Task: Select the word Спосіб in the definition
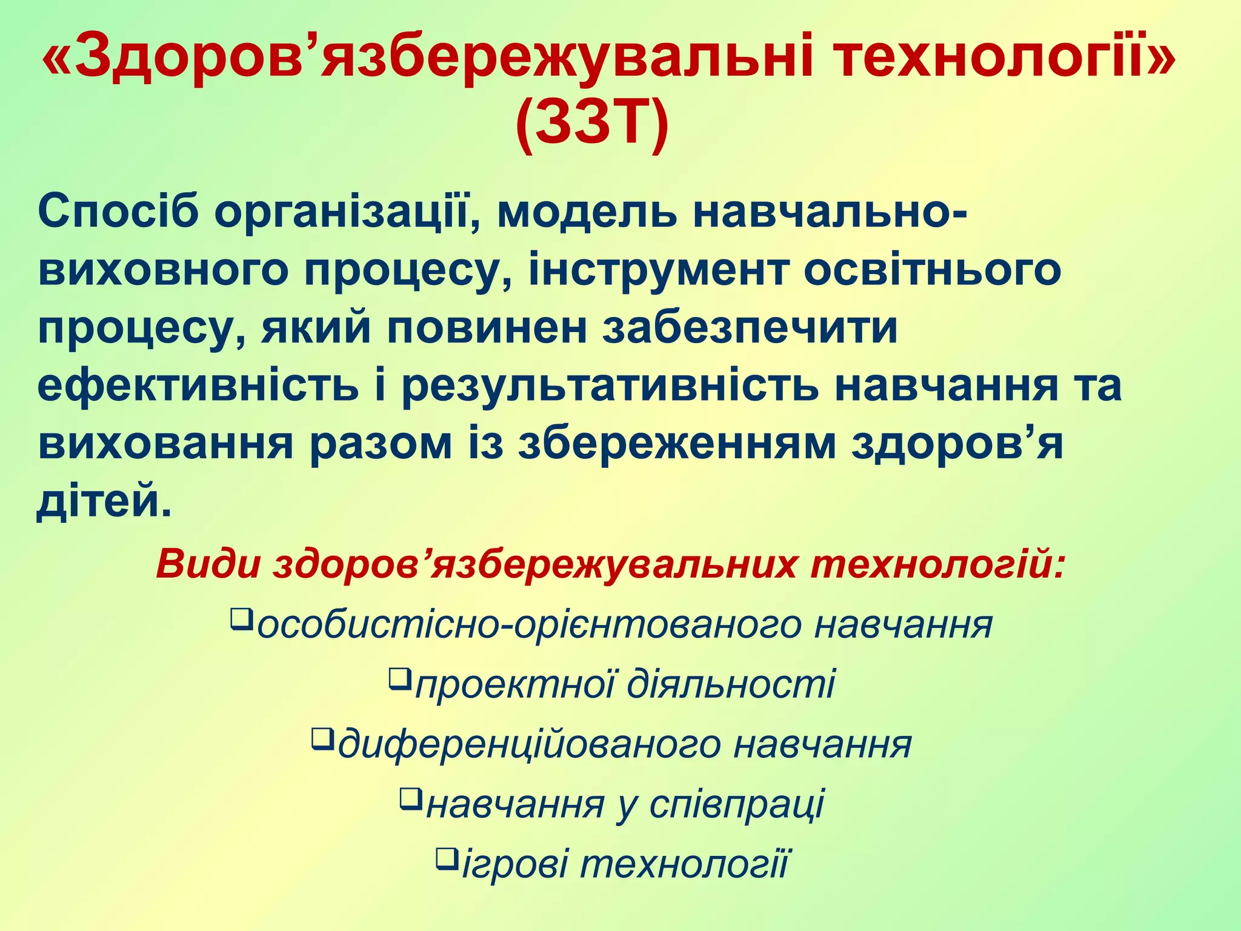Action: click(x=119, y=212)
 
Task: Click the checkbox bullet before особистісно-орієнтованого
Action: click(x=241, y=619)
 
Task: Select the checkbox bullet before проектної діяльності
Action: click(x=399, y=678)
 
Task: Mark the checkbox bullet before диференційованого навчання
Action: click(x=322, y=738)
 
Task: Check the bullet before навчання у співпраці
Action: click(x=410, y=798)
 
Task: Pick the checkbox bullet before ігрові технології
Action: click(x=446, y=858)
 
